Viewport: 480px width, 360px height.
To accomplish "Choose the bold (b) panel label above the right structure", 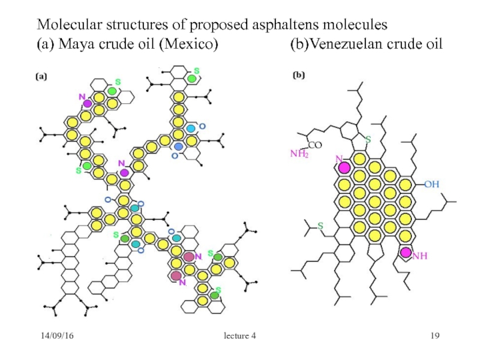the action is (x=298, y=76).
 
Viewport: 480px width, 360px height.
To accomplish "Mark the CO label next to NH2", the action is (x=316, y=145).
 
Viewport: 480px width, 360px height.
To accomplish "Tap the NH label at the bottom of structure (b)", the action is (x=420, y=256).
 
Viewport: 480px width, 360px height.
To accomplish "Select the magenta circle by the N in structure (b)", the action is (x=344, y=167).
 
